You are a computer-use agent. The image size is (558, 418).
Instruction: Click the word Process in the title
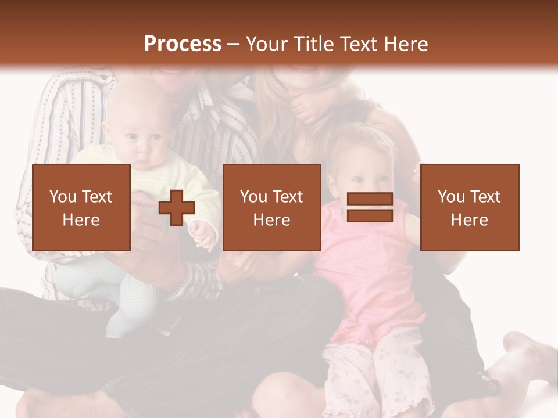coord(183,44)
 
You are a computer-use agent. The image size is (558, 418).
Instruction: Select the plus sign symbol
coord(177,207)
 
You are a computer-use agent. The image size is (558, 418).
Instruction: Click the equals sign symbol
coord(370,207)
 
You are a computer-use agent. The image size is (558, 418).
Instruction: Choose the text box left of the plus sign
coord(81,207)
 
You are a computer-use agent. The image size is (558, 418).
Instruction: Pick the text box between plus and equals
coord(272,207)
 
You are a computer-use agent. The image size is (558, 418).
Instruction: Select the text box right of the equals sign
coord(470,207)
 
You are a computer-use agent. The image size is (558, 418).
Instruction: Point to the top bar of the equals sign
coord(370,199)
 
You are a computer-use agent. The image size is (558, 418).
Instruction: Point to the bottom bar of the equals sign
coord(370,216)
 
